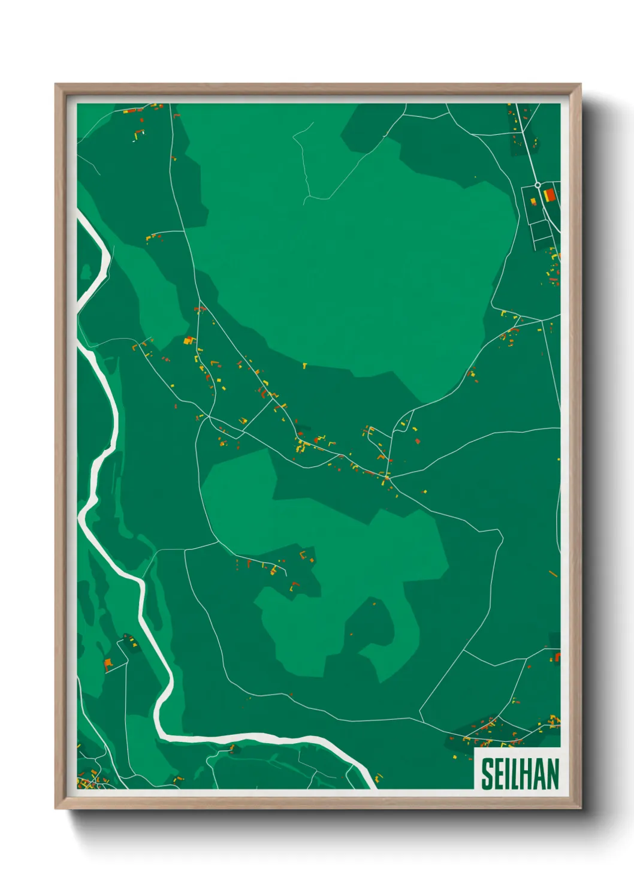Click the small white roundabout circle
538,185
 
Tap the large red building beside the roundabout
549,195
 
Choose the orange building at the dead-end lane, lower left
108,663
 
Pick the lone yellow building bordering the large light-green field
304,364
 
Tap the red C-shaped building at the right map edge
557,657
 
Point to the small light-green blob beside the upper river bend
86,273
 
